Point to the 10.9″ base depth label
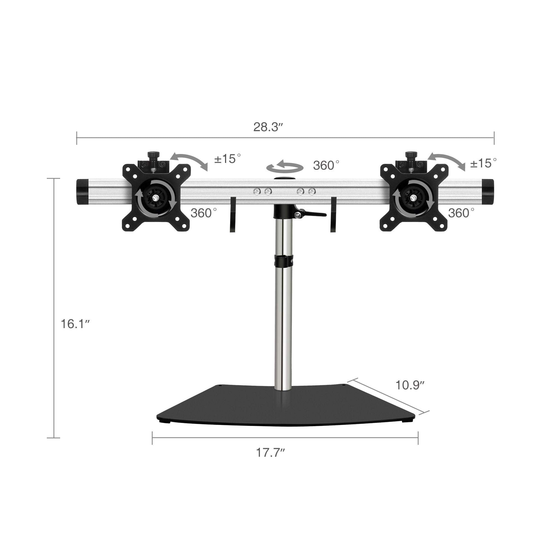pyautogui.click(x=410, y=385)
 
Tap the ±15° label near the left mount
pyautogui.click(x=228, y=159)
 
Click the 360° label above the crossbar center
pyautogui.click(x=326, y=165)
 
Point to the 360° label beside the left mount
pyautogui.click(x=204, y=213)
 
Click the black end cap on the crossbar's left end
pyautogui.click(x=82, y=192)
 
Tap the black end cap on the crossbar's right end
pyautogui.click(x=488, y=191)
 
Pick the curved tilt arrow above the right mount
pyautogui.click(x=446, y=161)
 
